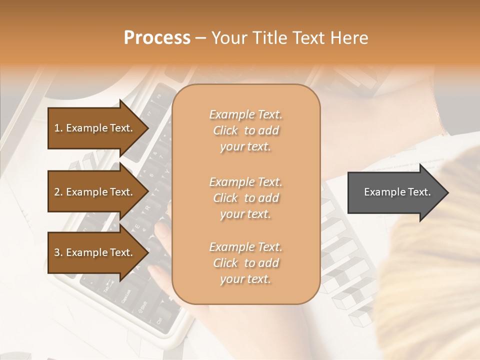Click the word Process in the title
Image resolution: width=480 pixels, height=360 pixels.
(157, 38)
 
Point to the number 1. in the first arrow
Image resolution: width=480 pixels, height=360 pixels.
(58, 128)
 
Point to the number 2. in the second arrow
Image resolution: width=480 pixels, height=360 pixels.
(58, 192)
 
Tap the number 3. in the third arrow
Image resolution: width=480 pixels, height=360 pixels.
(58, 252)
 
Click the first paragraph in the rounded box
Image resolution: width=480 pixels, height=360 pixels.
(245, 130)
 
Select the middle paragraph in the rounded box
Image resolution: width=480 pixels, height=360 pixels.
(245, 197)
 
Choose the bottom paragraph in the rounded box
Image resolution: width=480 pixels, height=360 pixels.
(245, 263)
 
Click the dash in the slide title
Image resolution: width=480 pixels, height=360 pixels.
(201, 38)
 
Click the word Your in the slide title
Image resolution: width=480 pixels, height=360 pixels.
(228, 38)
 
